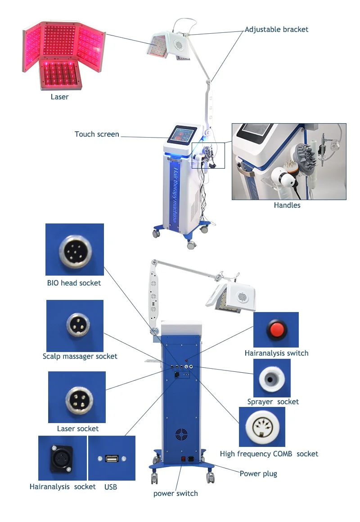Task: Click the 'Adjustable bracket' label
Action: [276, 30]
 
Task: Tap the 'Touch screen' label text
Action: [97, 134]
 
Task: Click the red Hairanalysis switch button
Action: [275, 330]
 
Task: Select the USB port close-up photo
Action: [112, 458]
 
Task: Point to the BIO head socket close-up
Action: [75, 249]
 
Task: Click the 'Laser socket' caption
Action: [77, 428]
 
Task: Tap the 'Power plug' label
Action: [258, 473]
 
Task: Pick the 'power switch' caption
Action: [175, 493]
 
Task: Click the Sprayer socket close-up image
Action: [271, 378]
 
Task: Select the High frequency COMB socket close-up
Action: [261, 426]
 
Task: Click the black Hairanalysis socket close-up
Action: [62, 458]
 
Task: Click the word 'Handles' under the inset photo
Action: [287, 205]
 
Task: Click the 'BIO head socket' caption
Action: [74, 283]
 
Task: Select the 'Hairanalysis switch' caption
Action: [276, 353]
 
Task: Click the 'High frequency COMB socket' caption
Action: [269, 454]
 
